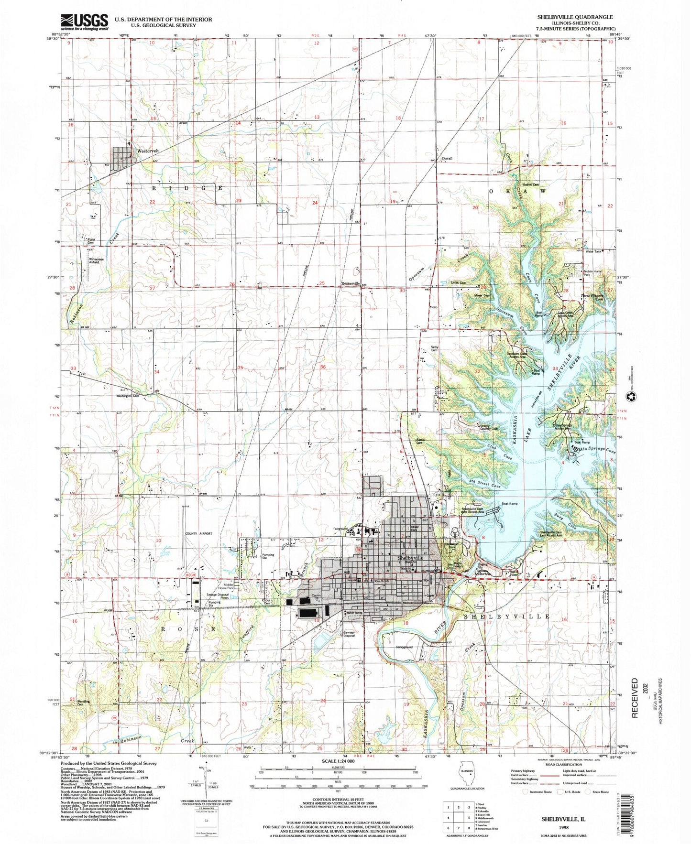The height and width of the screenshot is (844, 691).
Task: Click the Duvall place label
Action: pyautogui.click(x=447, y=158)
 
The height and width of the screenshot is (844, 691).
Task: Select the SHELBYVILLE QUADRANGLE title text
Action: pyautogui.click(x=574, y=17)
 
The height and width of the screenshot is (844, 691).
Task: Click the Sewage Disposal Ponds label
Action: pyautogui.click(x=218, y=595)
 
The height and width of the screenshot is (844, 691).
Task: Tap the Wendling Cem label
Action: pyautogui.click(x=84, y=703)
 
